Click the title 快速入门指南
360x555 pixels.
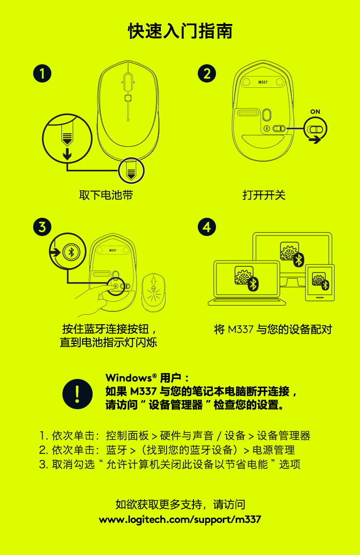pos(180,31)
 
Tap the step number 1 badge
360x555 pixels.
pos(42,73)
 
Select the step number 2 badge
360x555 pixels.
pos(207,73)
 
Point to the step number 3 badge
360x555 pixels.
pos(42,227)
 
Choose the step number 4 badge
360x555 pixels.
pos(207,227)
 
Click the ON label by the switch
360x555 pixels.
pos(315,111)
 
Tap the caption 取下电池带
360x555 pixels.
pos(106,195)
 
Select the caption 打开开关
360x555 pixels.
pos(264,195)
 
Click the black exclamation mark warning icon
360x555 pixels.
pos(77,394)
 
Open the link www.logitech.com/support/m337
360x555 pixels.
pos(180,520)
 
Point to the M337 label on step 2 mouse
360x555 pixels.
pos(263,82)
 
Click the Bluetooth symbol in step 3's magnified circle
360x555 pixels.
pos(71,252)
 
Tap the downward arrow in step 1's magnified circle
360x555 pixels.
pos(67,154)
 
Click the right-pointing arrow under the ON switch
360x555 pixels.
pos(314,140)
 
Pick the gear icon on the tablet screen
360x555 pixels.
pos(318,279)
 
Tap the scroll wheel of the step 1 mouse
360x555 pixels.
pos(128,79)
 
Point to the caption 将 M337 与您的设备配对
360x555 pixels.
pos(273,329)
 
